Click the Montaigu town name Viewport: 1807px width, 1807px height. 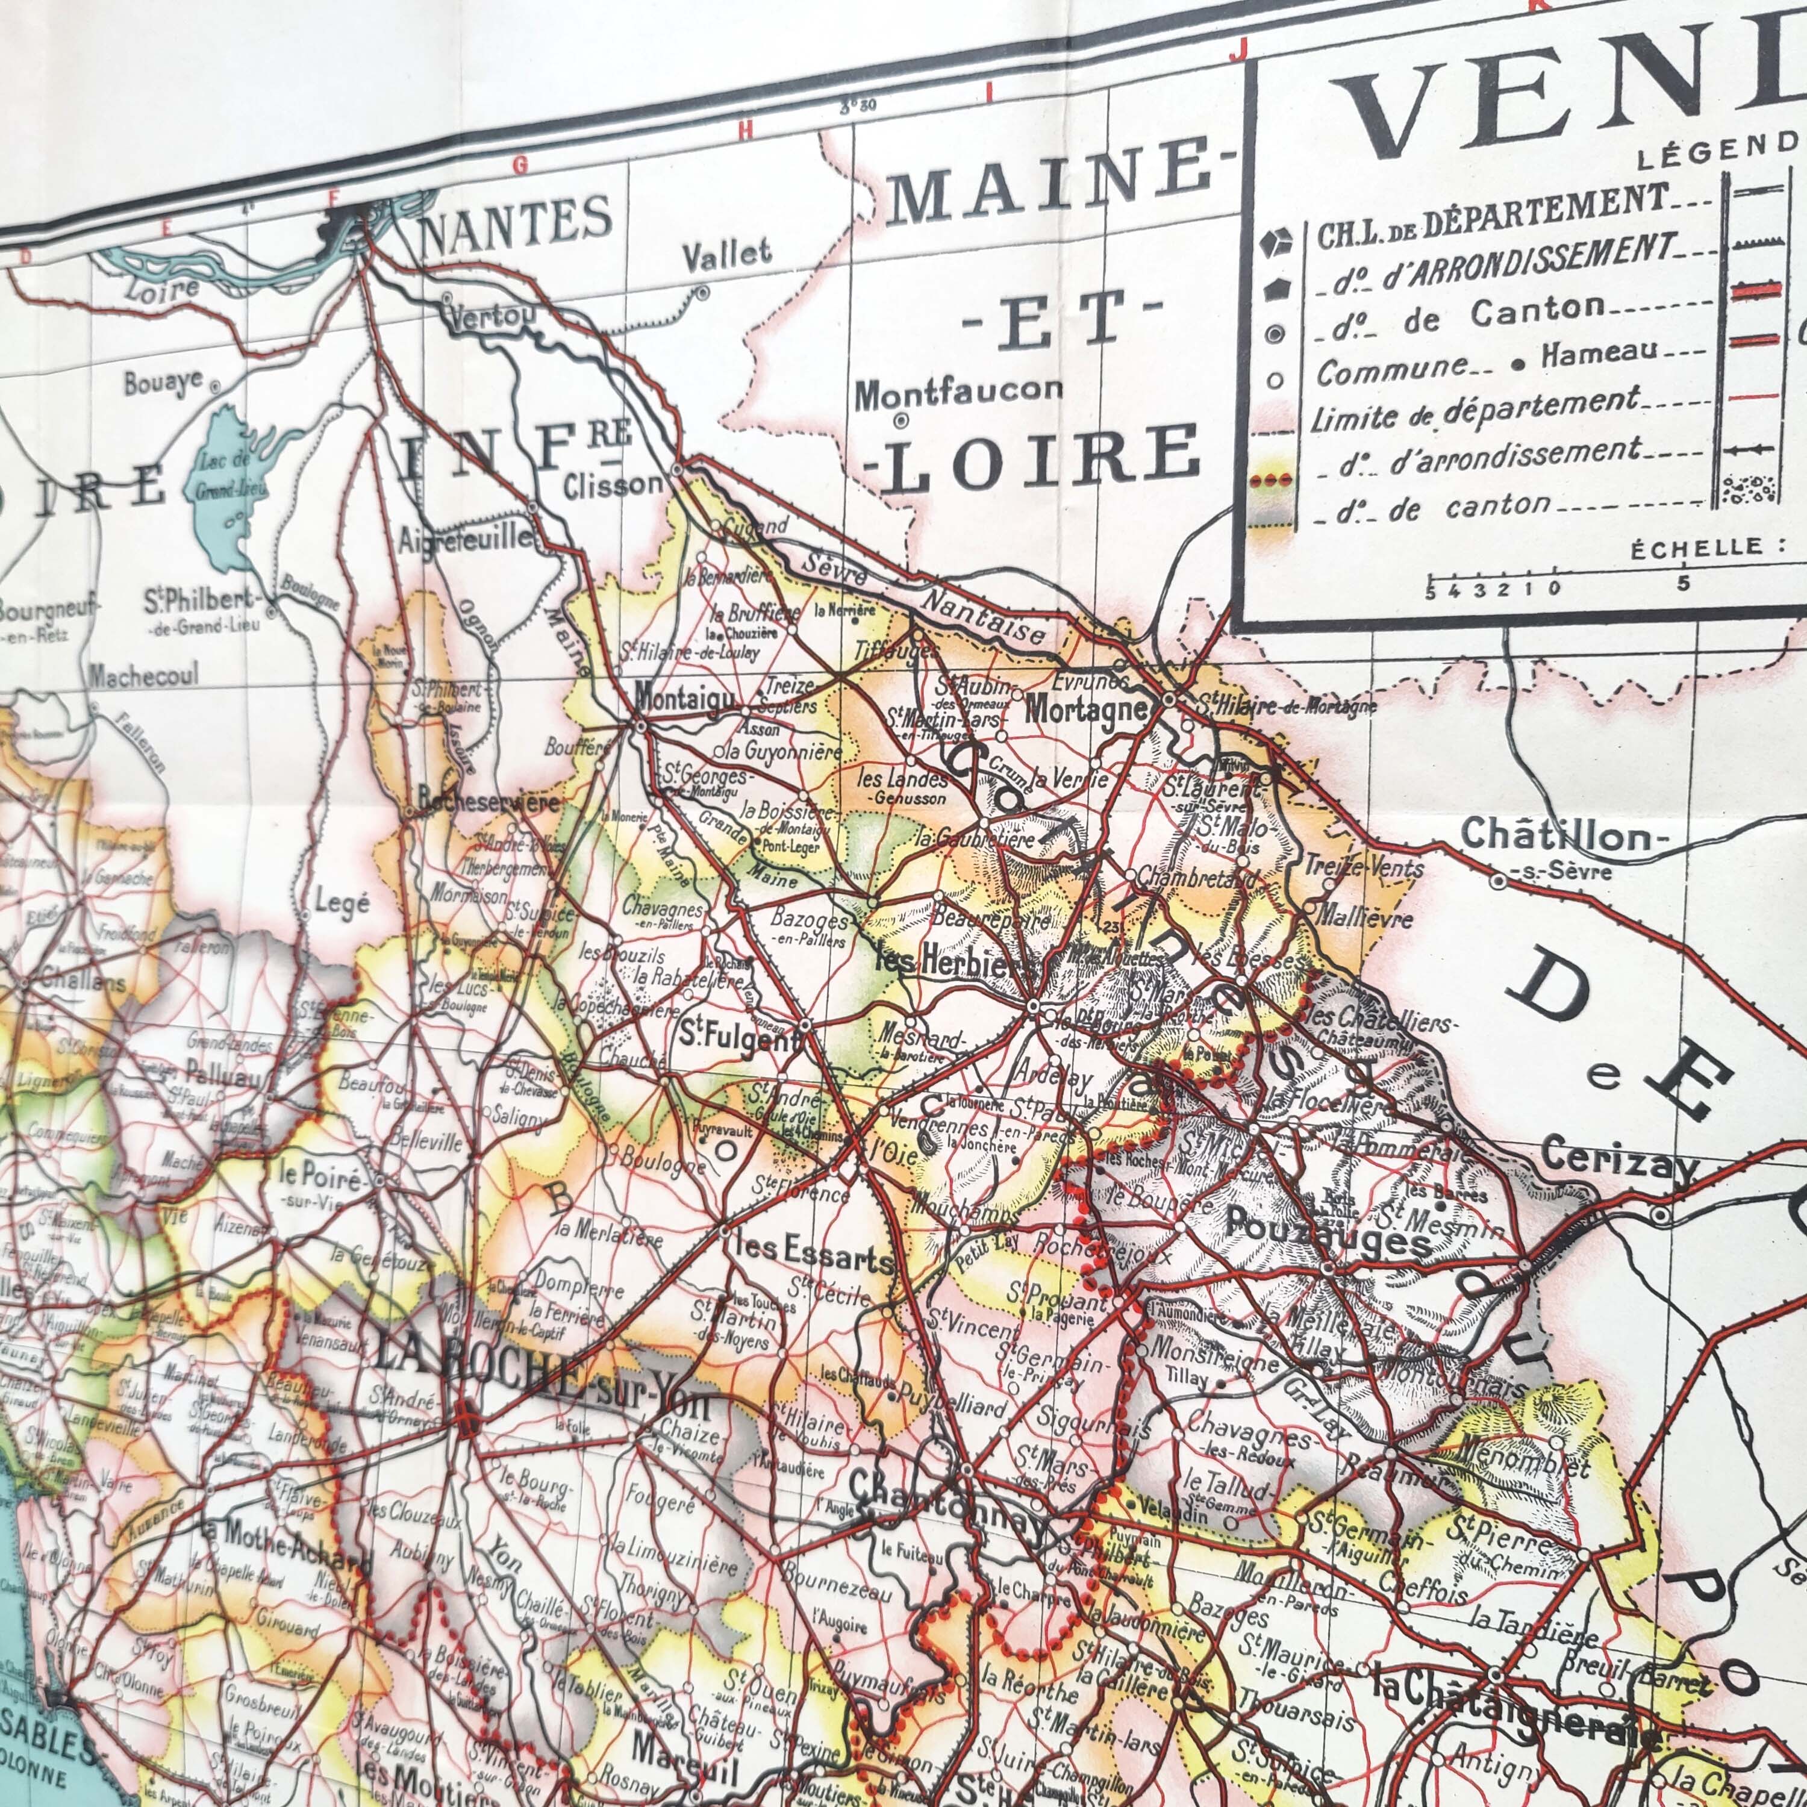click(685, 697)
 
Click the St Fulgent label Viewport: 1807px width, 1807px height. click(739, 1036)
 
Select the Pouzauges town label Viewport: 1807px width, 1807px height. click(1328, 1226)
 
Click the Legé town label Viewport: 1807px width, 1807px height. click(342, 905)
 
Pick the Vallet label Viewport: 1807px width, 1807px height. click(727, 254)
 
